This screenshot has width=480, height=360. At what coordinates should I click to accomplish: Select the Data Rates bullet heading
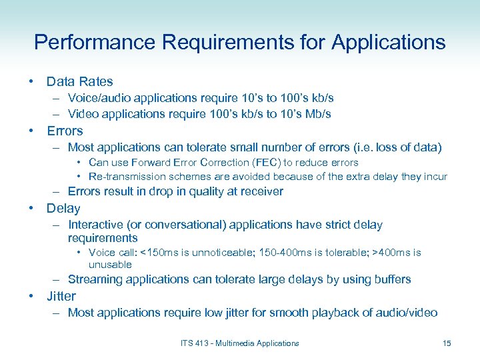[x=79, y=82]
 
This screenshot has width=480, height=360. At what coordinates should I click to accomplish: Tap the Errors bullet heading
[x=65, y=131]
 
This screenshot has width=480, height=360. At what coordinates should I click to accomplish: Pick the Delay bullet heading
[x=63, y=209]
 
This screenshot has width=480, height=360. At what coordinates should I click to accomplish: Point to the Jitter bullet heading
[x=61, y=296]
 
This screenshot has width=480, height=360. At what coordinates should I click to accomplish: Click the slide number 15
[x=447, y=343]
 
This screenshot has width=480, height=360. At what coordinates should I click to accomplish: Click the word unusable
[x=110, y=265]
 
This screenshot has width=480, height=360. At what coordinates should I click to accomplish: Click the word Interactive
[x=97, y=225]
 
